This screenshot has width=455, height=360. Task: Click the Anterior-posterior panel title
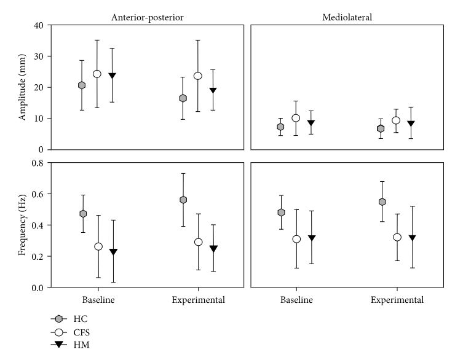coord(148,17)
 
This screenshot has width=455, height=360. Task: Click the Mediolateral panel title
coord(347,17)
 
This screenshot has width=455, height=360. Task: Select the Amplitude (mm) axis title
coord(22,87)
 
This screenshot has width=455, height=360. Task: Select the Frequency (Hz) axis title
coord(22,225)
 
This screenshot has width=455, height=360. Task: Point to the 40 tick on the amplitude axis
coord(39,25)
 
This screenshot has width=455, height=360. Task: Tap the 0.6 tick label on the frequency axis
coord(38,194)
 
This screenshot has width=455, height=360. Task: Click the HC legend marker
coord(59,319)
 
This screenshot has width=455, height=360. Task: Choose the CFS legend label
coord(82,332)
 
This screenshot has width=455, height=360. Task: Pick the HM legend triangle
coord(59,345)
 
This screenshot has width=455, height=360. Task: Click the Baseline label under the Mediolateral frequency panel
coord(296,300)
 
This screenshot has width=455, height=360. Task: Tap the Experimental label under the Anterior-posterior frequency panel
coord(198,300)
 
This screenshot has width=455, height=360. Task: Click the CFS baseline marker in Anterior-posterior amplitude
coord(97,74)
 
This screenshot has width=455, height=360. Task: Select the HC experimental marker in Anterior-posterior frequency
coord(183,200)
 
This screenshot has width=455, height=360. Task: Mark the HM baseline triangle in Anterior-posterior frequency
coord(114,252)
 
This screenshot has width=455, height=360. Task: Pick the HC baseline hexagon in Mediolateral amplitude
coord(280,127)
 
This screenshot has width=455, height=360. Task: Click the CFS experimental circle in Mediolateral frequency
coord(397,237)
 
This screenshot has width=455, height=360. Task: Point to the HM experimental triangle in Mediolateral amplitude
coord(411,123)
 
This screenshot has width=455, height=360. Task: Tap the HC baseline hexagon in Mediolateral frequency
coord(281,213)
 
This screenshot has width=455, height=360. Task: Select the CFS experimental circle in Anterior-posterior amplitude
coord(197,76)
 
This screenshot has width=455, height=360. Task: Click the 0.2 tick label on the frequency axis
coord(38,257)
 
